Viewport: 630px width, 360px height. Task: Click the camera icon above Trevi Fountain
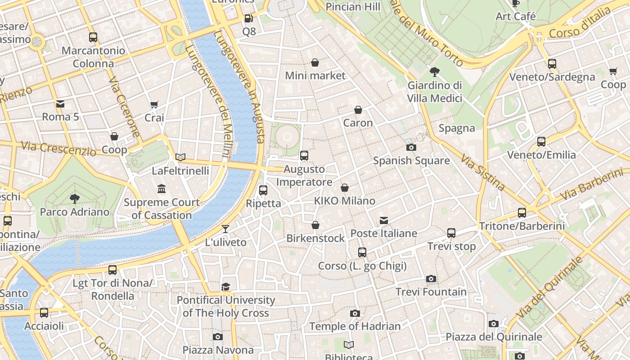tap(431, 279)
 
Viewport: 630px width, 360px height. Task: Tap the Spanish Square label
tap(411, 161)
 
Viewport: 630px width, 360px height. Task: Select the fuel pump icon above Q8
tap(248, 18)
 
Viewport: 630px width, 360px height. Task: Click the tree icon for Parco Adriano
tap(74, 198)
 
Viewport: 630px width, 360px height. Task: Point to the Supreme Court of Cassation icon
tap(161, 189)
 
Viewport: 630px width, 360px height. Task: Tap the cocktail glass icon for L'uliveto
tap(225, 229)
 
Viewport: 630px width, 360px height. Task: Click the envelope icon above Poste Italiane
tap(383, 220)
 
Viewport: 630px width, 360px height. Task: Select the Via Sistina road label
tap(482, 171)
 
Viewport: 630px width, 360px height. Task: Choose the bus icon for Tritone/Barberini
tap(522, 212)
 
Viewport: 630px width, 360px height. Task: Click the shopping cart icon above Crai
tap(154, 104)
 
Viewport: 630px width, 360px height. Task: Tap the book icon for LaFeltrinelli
tap(180, 157)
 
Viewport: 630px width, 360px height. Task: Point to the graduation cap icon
tap(225, 287)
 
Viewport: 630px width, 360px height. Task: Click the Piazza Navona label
tap(218, 350)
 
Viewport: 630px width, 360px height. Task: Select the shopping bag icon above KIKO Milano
tap(345, 188)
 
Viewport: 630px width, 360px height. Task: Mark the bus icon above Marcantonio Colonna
tap(93, 37)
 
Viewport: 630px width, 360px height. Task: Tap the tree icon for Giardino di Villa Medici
tap(435, 72)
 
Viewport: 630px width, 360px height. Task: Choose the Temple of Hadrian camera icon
tap(355, 313)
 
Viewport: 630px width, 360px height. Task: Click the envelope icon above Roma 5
tap(60, 104)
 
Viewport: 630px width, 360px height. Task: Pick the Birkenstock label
tap(315, 238)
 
